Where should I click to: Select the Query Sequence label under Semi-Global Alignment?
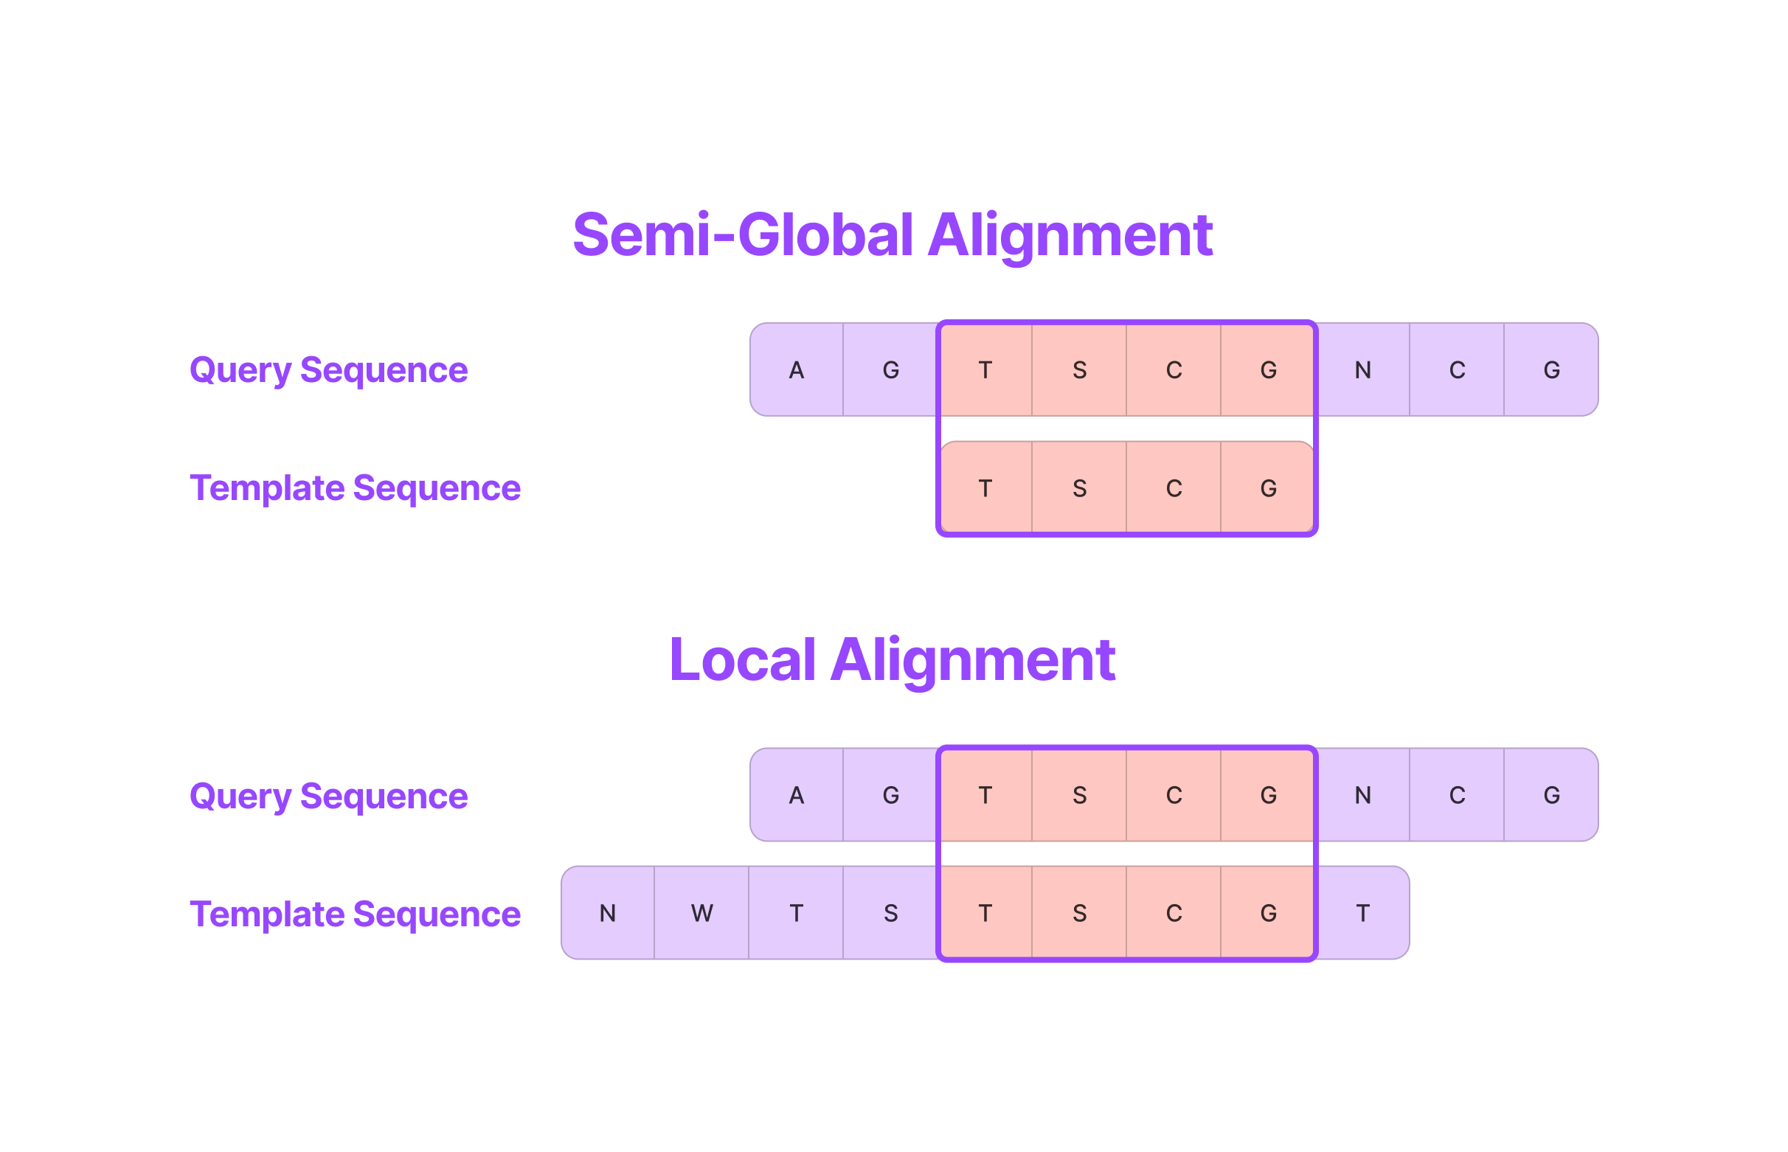click(328, 369)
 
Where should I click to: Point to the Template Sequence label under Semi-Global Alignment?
click(355, 487)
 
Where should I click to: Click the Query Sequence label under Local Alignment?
click(328, 795)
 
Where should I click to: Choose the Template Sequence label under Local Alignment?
click(355, 913)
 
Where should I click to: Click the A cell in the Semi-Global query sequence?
click(796, 369)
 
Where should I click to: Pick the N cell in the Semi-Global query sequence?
click(1362, 369)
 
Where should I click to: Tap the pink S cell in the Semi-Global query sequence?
click(1079, 369)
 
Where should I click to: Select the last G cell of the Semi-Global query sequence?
click(1550, 369)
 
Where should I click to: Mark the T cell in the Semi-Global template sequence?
click(985, 487)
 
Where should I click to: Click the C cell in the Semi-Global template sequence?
click(1173, 487)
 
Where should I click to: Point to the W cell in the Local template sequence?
click(701, 912)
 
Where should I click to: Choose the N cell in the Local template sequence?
click(607, 912)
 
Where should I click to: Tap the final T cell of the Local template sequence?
click(1362, 912)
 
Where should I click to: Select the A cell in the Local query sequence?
click(796, 794)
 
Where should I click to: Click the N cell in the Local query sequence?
click(1362, 794)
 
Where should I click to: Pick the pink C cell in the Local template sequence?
click(1173, 912)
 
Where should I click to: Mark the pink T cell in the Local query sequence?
click(985, 794)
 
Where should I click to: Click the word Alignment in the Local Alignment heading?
click(972, 660)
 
